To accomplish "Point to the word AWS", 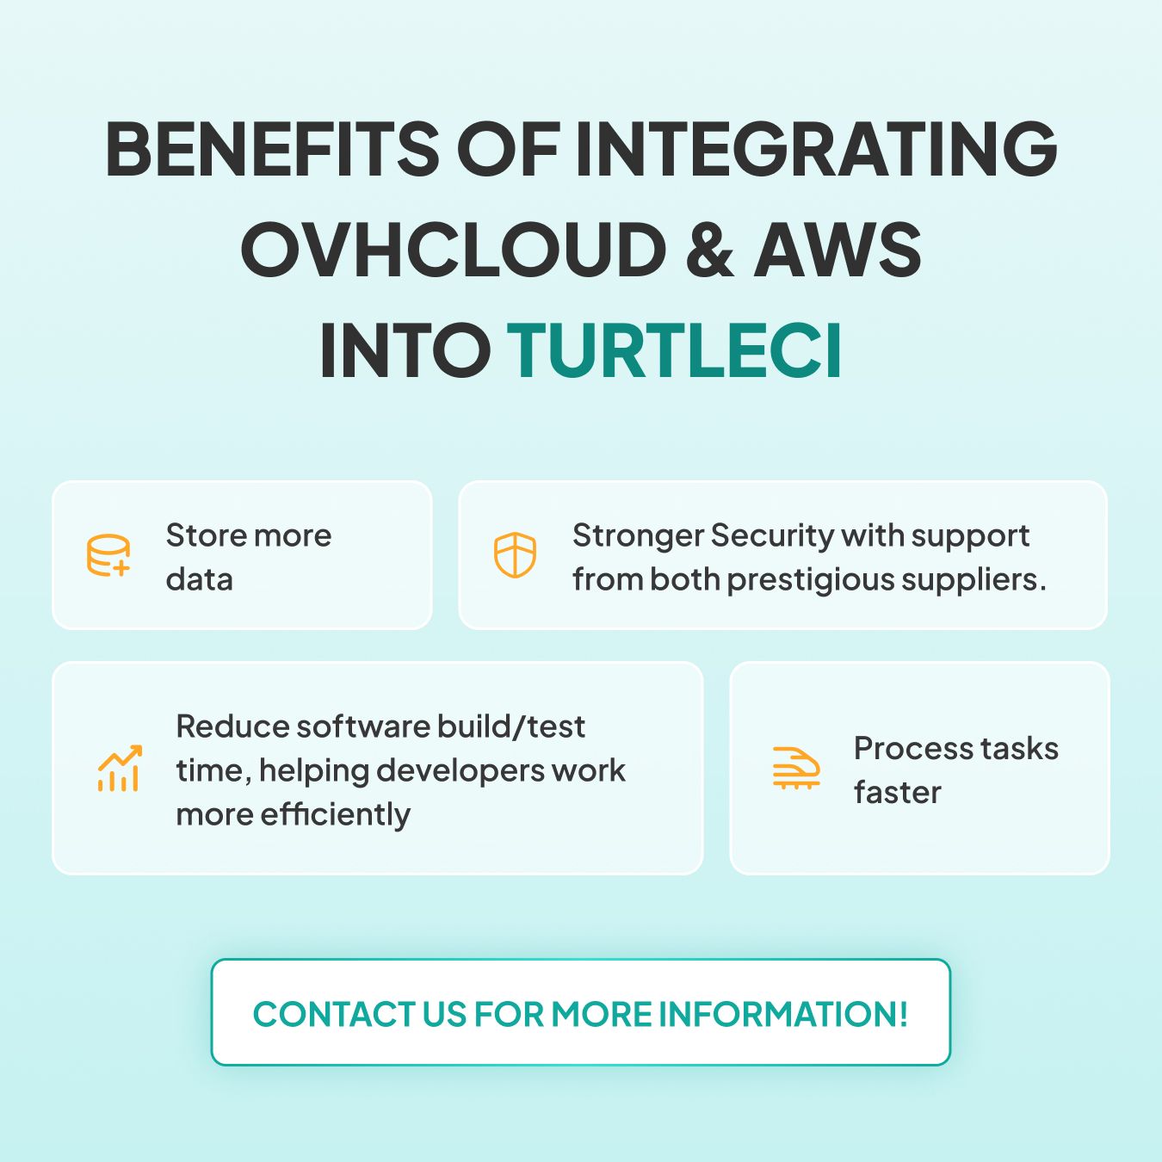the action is click(x=838, y=249).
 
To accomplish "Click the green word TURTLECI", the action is click(x=674, y=349).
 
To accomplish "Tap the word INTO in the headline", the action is click(x=405, y=349).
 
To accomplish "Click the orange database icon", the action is click(x=108, y=555).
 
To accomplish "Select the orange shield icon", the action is click(x=515, y=555).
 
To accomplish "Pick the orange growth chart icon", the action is click(x=120, y=768).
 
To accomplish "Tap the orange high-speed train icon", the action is click(x=796, y=768).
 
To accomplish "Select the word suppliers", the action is click(x=973, y=580).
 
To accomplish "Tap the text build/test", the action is click(x=510, y=726).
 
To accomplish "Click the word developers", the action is click(x=460, y=771).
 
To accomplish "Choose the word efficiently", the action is click(x=336, y=815).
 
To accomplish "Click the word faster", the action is click(x=897, y=793).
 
